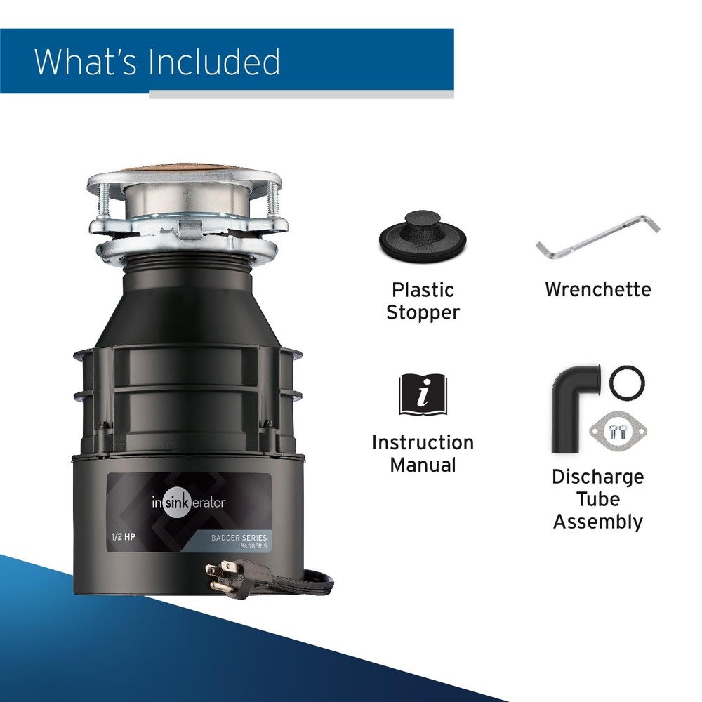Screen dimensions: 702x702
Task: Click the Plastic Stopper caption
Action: click(423, 301)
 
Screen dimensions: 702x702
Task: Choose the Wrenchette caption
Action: click(597, 289)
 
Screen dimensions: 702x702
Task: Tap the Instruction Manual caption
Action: click(423, 453)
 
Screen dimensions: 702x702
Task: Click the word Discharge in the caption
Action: click(597, 477)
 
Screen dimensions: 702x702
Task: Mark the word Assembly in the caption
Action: click(597, 522)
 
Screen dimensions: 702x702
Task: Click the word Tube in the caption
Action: click(597, 499)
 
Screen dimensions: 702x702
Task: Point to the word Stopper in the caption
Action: click(423, 312)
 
